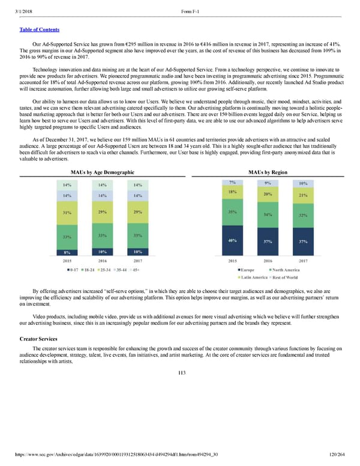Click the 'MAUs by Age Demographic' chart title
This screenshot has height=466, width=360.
(x=102, y=172)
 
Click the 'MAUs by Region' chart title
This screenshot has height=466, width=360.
(x=267, y=172)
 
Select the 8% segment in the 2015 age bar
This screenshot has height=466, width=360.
(x=67, y=252)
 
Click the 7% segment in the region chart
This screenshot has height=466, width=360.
(x=232, y=182)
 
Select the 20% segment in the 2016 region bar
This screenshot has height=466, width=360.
(x=267, y=194)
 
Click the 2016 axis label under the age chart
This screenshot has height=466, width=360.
(x=103, y=261)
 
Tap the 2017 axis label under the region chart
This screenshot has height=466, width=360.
(x=302, y=261)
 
